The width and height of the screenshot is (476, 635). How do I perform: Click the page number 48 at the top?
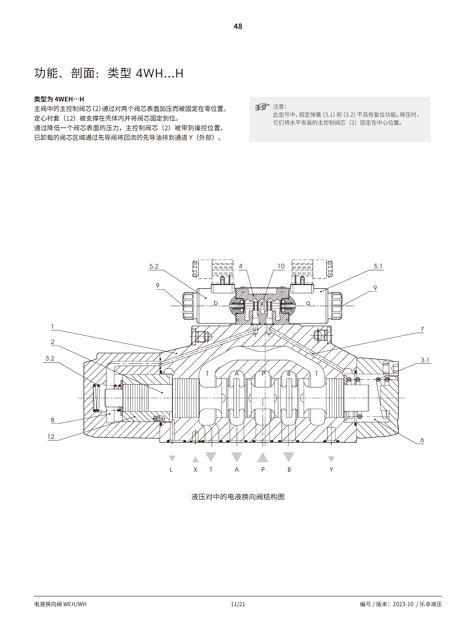point(238,26)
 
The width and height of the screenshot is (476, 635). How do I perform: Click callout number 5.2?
point(154,266)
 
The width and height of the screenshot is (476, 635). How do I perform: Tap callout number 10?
point(281,266)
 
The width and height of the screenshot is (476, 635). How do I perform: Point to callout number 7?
point(422,329)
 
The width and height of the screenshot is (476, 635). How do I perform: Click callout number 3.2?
point(50,358)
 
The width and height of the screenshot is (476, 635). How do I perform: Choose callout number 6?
point(422,440)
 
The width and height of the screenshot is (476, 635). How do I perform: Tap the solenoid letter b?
point(216,303)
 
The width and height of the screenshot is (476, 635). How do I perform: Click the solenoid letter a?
point(308,303)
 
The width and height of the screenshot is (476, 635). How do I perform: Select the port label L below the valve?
point(171,470)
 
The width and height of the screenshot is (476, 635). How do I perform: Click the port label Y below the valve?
point(331,470)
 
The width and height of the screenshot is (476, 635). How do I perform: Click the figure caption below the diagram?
point(238,497)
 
